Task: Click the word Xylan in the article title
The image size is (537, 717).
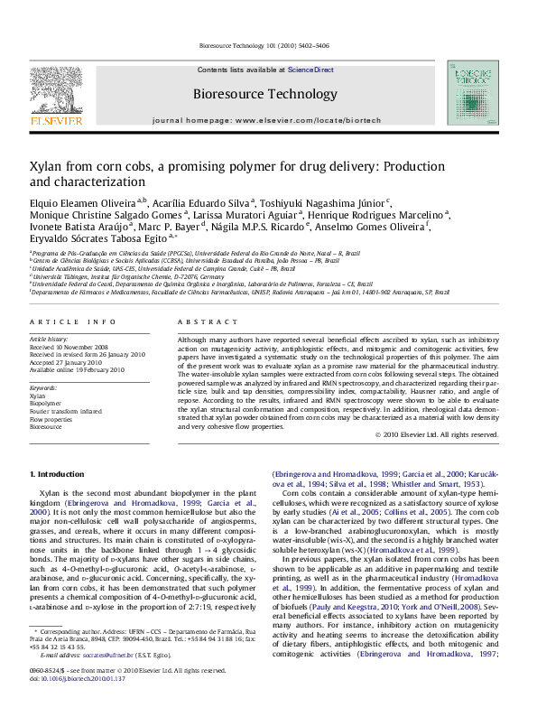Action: (46, 167)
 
